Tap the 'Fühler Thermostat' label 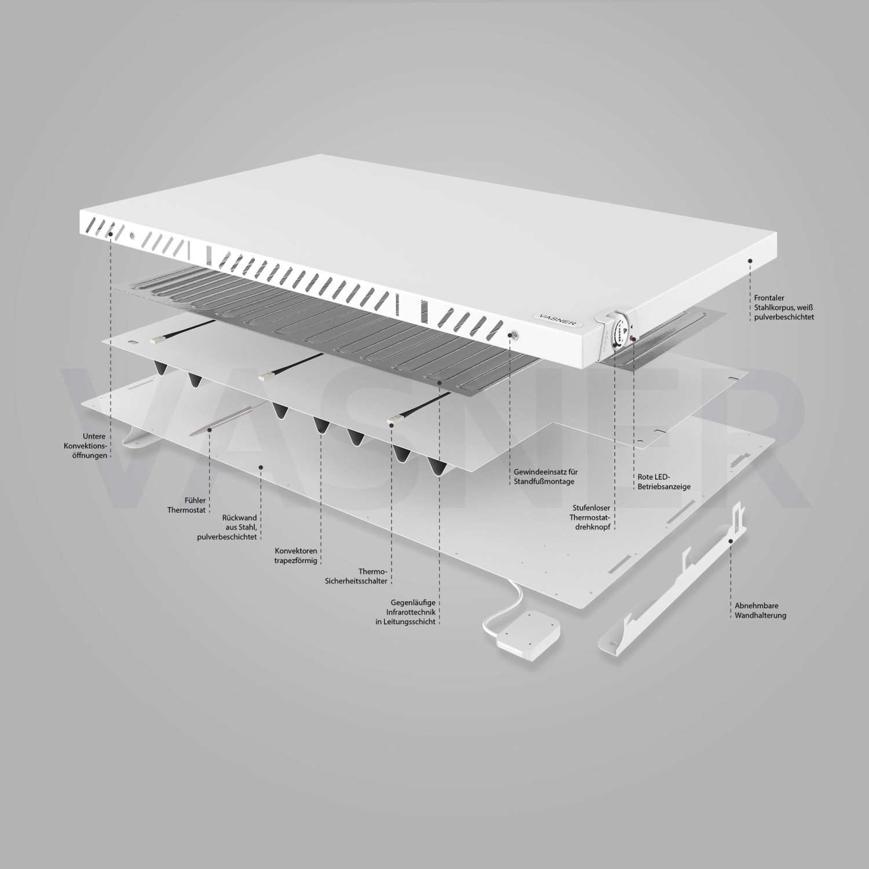pyautogui.click(x=187, y=505)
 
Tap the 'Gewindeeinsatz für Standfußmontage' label pyautogui.click(x=545, y=477)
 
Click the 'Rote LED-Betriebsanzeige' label pyautogui.click(x=664, y=482)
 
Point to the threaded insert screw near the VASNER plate pyautogui.click(x=513, y=334)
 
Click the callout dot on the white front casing pyautogui.click(x=750, y=261)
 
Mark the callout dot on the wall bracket pyautogui.click(x=731, y=541)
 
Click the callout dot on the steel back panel pyautogui.click(x=261, y=466)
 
